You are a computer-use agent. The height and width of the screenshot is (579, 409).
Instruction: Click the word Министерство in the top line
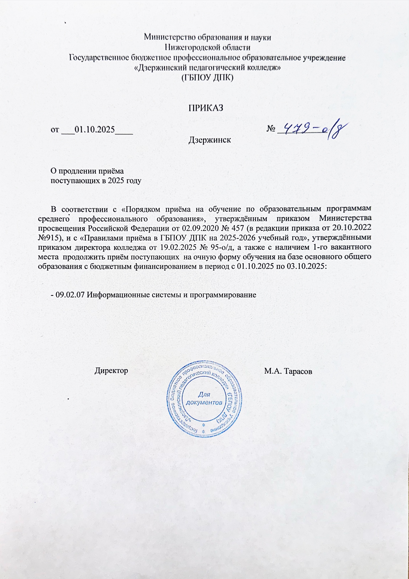[x=171, y=38]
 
